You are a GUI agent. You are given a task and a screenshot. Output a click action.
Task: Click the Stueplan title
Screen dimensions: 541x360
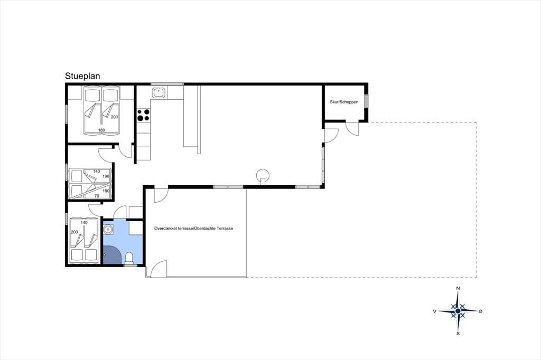coord(82,76)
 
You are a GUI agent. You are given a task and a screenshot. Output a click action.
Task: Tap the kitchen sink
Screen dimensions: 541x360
coord(159,93)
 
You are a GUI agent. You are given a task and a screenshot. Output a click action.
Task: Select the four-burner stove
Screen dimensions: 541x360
coord(144,115)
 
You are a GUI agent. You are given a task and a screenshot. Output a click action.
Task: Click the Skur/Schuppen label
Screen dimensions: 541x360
coord(344,102)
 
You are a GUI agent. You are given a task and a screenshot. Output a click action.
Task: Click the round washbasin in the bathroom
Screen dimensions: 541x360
coord(109,229)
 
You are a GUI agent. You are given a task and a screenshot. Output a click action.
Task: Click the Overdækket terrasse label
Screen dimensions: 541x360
coord(193,228)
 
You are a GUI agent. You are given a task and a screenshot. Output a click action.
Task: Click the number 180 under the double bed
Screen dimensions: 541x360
coord(101,130)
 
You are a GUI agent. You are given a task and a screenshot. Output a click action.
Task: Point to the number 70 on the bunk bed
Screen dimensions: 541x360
coord(97,196)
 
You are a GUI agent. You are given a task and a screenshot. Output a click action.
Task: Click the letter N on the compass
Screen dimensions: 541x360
coord(458,288)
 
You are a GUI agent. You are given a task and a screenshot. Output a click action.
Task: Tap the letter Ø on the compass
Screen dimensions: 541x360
coord(481,311)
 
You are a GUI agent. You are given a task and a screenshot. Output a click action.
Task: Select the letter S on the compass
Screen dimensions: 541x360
coord(458,334)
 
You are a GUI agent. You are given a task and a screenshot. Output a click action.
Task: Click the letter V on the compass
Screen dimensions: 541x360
coord(435,311)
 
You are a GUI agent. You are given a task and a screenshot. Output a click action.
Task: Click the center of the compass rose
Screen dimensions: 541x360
coord(458,311)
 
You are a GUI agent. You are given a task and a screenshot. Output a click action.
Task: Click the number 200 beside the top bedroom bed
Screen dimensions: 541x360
coord(114,117)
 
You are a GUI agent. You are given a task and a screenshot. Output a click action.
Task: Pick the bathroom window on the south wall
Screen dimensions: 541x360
coord(130,266)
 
